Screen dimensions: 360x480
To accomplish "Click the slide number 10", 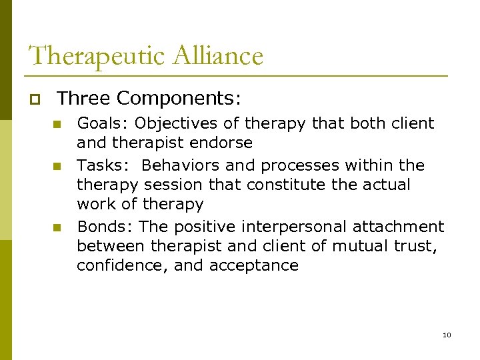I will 447,334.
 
